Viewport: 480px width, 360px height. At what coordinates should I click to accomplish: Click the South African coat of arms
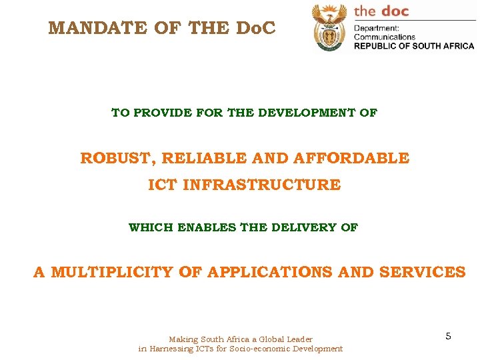329,27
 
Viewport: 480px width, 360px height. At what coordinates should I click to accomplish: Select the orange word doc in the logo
395,11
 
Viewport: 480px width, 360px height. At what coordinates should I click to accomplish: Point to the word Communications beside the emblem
385,37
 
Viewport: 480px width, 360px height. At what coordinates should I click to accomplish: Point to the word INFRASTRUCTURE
261,185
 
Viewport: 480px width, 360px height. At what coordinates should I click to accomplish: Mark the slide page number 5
449,336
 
